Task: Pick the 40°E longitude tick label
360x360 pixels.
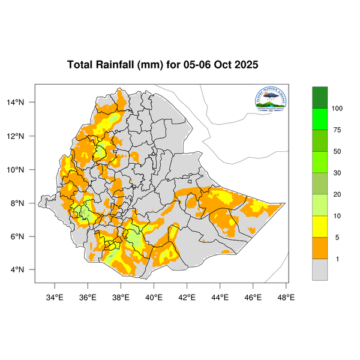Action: [x=154, y=296]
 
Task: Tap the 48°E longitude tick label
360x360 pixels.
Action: [x=286, y=296]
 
